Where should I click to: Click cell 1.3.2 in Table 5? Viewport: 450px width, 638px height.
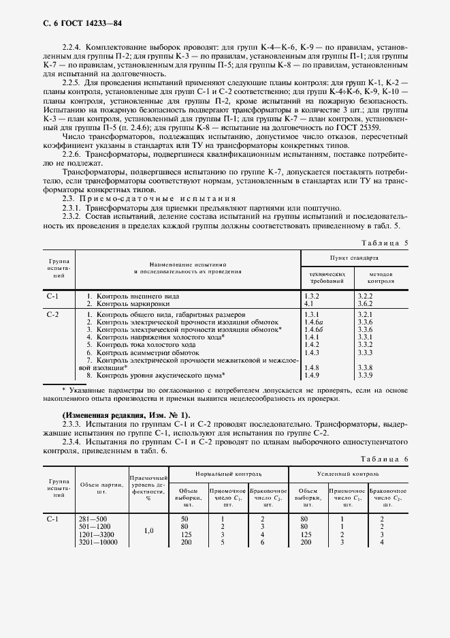pos(312,297)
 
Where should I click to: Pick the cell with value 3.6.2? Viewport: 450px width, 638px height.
pos(366,303)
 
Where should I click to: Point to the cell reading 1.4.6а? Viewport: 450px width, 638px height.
pos(313,322)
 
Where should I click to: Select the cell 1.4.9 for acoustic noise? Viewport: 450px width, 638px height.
pos(312,375)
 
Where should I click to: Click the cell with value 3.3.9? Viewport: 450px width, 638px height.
pos(366,375)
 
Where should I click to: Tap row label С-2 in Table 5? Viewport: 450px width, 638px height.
pos(52,315)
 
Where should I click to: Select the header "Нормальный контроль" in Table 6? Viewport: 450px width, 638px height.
pos(228,473)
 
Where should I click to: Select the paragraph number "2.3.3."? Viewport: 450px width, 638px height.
pos(72,424)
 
